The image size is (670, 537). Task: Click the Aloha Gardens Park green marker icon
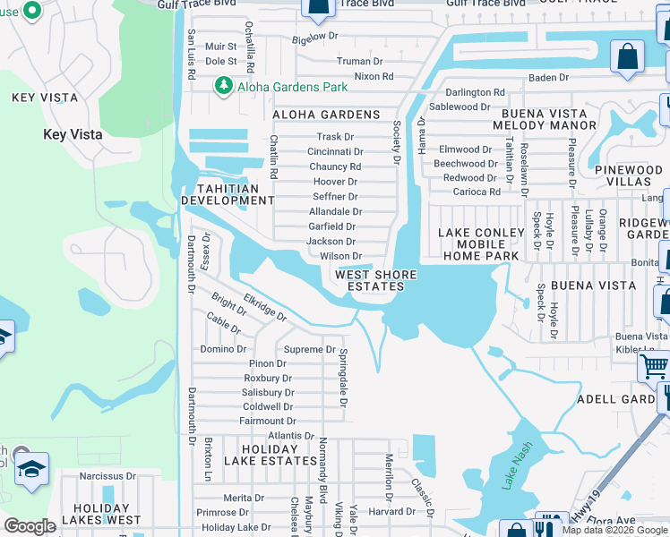click(x=222, y=86)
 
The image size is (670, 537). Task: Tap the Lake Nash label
click(x=517, y=465)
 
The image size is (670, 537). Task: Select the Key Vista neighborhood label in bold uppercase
click(x=41, y=98)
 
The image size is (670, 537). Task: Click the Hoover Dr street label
click(x=336, y=182)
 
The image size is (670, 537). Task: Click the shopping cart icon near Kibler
click(x=653, y=366)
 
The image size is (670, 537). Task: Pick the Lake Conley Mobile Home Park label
click(x=477, y=244)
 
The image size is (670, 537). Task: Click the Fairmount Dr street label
click(x=267, y=421)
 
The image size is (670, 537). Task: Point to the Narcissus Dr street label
click(x=107, y=477)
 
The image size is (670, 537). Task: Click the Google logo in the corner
click(x=30, y=526)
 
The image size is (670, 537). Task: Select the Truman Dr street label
click(x=359, y=62)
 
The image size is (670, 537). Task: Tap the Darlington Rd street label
click(x=476, y=92)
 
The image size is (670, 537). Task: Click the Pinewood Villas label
click(x=628, y=175)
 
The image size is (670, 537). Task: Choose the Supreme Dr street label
click(x=309, y=349)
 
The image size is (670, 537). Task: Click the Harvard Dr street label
click(x=391, y=512)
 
